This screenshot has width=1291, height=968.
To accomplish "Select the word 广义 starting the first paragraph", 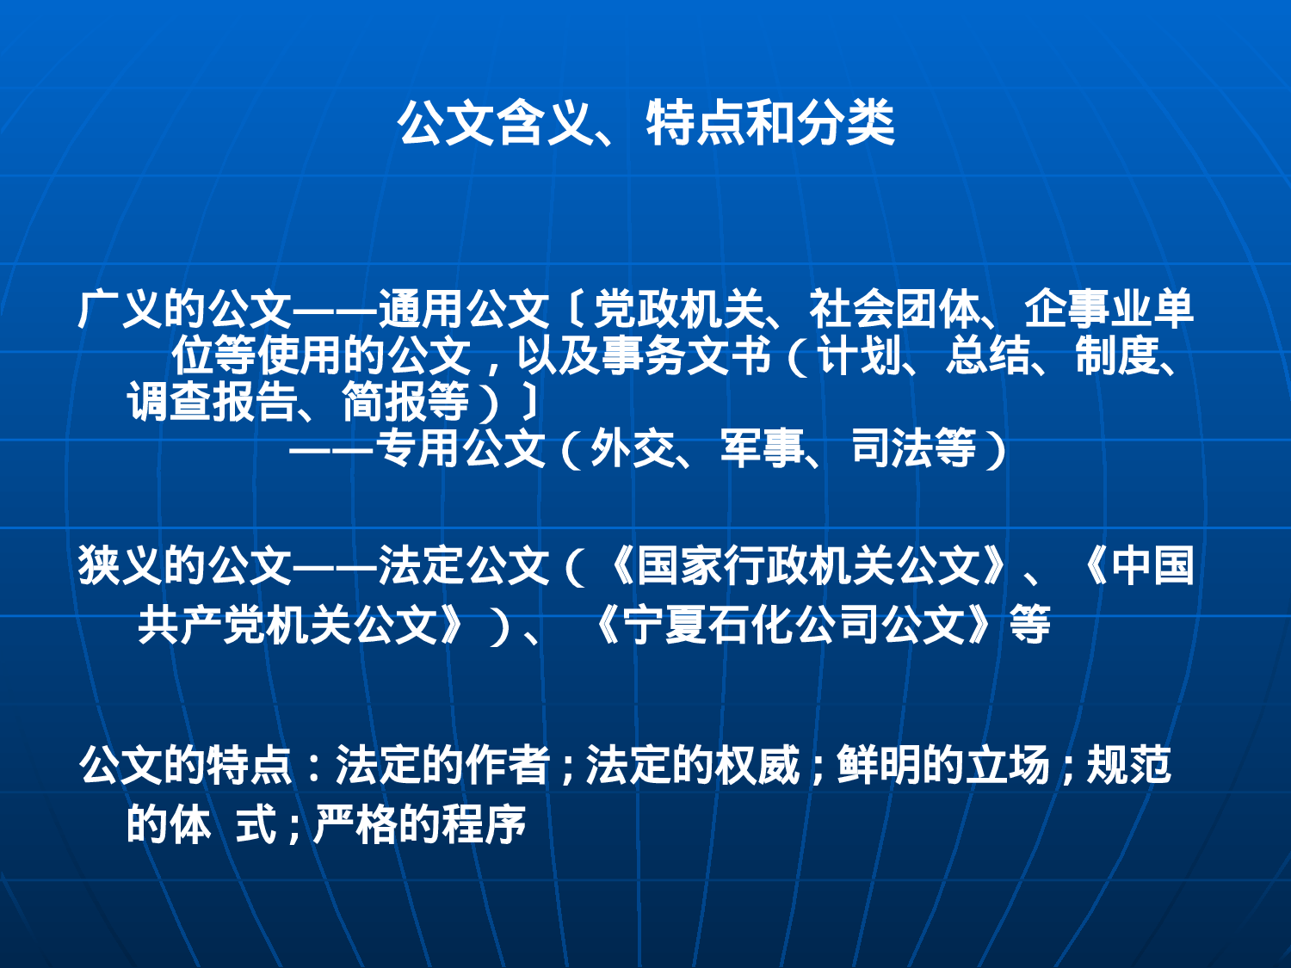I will [x=120, y=309].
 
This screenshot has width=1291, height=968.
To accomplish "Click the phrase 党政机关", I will [x=678, y=309].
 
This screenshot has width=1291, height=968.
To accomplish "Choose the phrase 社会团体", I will [x=893, y=309].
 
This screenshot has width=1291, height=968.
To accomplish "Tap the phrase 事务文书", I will [x=686, y=355].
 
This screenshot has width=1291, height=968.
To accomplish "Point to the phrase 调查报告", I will [x=212, y=402].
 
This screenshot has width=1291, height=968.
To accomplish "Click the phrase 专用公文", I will [x=460, y=448].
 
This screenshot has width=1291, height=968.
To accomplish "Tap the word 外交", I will [x=633, y=448].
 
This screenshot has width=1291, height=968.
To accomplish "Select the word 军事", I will [x=762, y=448].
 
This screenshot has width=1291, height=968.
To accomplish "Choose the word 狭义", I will [x=120, y=565].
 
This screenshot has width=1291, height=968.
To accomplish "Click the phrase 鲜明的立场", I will [x=943, y=765].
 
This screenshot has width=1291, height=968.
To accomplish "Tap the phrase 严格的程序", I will [x=419, y=823].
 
